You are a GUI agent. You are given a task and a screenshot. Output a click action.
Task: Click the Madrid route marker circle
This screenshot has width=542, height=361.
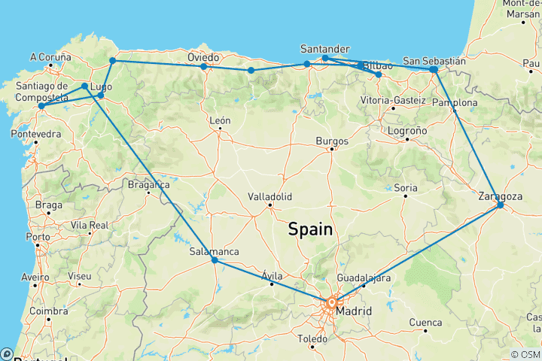point(331,302)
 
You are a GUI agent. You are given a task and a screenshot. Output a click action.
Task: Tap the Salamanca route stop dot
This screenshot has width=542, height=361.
point(215,260)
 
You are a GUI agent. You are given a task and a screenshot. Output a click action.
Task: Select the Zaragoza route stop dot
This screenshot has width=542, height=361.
point(501,205)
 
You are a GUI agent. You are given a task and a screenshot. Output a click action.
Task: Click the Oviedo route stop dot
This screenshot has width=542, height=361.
point(204,67)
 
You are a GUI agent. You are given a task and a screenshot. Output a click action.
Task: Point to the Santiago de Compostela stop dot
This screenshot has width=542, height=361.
point(41,106)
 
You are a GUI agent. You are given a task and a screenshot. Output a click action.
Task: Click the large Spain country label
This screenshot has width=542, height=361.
point(310,230)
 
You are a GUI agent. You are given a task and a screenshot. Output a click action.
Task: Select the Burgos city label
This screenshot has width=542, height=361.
point(331,141)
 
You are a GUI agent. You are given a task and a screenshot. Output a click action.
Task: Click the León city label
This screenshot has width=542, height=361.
point(220,120)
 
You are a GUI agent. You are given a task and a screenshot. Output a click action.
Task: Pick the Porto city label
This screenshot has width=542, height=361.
point(37,237)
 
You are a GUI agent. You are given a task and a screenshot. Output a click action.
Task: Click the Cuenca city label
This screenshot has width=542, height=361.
point(425,323)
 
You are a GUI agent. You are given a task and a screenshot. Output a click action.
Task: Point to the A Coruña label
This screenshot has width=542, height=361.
point(51,56)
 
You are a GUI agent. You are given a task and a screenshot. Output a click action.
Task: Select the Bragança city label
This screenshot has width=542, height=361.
point(149,184)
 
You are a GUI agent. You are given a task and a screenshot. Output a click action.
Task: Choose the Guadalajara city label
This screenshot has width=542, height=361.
point(363,278)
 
